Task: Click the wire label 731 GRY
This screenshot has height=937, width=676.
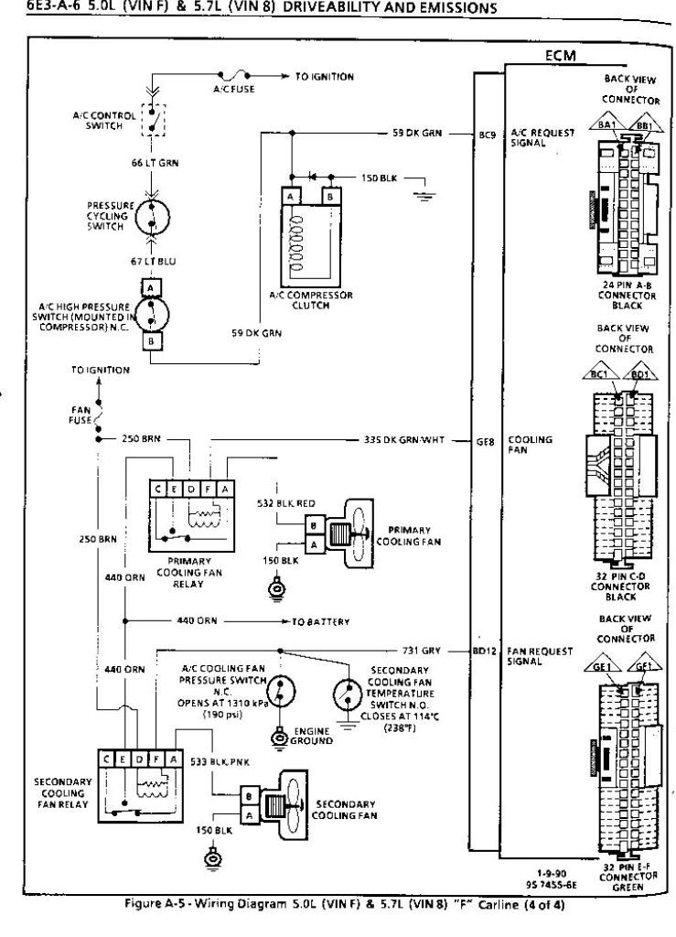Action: tap(422, 651)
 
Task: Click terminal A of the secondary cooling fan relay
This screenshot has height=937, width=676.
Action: tap(169, 759)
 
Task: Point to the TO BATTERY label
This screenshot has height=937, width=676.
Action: tap(320, 621)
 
